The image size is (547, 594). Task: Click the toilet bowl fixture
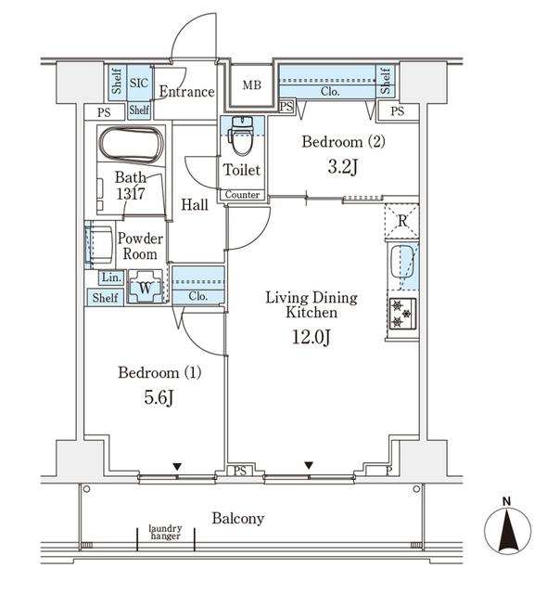pyautogui.click(x=241, y=136)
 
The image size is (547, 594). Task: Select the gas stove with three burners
pyautogui.click(x=402, y=314)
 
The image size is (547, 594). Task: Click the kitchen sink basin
pyautogui.click(x=401, y=262)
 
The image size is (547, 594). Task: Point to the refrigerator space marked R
pyautogui.click(x=402, y=221)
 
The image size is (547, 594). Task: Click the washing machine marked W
pyautogui.click(x=146, y=287)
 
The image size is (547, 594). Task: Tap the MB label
pyautogui.click(x=252, y=84)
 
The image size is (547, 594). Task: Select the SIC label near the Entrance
pyautogui.click(x=139, y=83)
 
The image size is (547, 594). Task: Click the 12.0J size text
pyautogui.click(x=312, y=337)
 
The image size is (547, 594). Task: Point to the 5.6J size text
pyautogui.click(x=159, y=397)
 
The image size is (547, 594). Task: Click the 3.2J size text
pyautogui.click(x=343, y=166)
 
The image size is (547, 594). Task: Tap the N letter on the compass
pyautogui.click(x=506, y=501)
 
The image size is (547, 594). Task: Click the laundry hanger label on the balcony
pyautogui.click(x=165, y=532)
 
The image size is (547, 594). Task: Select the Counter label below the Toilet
pyautogui.click(x=242, y=195)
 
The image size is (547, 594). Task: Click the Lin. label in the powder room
pyautogui.click(x=111, y=278)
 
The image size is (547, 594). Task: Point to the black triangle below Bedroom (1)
pyautogui.click(x=177, y=466)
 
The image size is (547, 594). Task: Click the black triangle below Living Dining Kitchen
pyautogui.click(x=309, y=465)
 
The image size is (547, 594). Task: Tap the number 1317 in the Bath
pyautogui.click(x=131, y=194)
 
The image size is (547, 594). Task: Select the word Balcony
pyautogui.click(x=238, y=519)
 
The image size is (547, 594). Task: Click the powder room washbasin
pyautogui.click(x=100, y=244)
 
